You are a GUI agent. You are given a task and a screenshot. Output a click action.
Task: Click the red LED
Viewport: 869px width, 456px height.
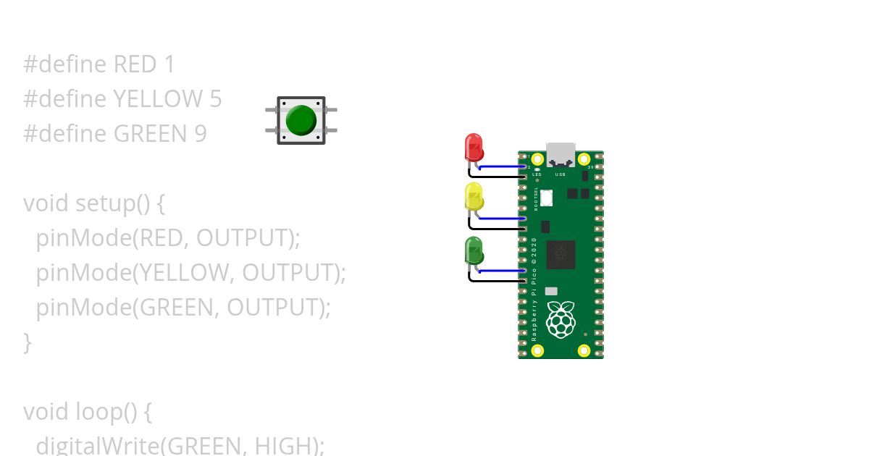[474, 146]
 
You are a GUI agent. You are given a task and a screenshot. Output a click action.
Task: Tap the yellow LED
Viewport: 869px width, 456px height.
[474, 196]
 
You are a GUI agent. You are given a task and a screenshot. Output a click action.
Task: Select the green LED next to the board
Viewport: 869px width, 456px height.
[474, 250]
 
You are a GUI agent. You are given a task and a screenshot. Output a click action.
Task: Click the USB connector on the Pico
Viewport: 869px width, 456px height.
[561, 154]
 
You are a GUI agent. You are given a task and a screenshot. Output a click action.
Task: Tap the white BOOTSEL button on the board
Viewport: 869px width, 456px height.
[546, 197]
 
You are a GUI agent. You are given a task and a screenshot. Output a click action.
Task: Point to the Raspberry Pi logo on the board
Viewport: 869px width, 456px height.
[561, 321]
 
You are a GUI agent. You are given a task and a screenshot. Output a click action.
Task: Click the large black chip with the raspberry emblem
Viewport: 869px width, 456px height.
[561, 255]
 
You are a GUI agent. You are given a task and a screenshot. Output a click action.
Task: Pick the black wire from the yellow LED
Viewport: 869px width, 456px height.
[496, 229]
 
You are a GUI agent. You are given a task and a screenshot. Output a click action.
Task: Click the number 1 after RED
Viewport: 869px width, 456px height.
[169, 64]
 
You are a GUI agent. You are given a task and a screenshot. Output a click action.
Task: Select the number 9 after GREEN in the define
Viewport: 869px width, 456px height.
[200, 133]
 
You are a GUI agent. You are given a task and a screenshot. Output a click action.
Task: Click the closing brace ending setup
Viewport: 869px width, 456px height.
[28, 342]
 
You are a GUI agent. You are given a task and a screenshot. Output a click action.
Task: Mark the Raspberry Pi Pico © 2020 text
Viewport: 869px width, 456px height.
[534, 289]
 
